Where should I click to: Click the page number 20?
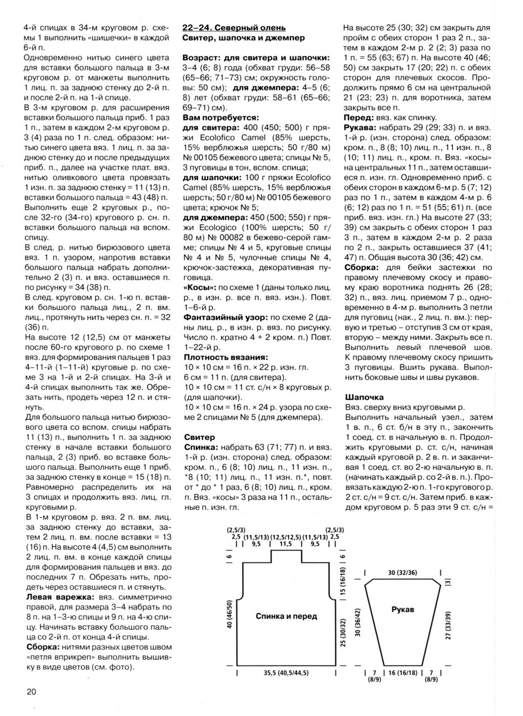click(31, 692)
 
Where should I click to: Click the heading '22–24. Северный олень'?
click(234, 28)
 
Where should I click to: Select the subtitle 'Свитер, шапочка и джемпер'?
click(244, 38)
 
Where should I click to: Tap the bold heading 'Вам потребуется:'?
click(221, 118)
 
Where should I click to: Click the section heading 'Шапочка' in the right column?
click(364, 397)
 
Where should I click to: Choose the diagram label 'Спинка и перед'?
click(286, 616)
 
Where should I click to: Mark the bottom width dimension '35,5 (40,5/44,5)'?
click(287, 673)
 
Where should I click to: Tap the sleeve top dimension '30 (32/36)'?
click(403, 573)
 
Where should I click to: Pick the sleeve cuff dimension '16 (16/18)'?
click(403, 673)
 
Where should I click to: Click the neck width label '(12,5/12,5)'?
click(286, 537)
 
